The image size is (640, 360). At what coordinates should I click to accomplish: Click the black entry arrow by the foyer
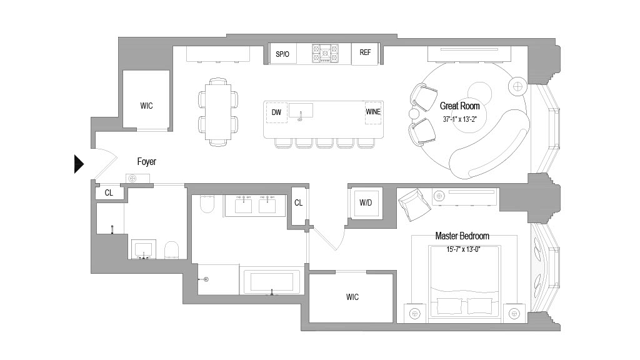pos(79,164)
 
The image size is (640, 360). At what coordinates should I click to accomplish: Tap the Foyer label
pos(146,162)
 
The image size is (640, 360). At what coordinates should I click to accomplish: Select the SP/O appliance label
pos(282,54)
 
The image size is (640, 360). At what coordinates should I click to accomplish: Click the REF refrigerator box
pos(365,54)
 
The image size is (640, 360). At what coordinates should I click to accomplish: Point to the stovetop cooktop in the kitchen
pos(325,54)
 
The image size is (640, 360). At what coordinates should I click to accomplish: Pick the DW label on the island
pos(276,112)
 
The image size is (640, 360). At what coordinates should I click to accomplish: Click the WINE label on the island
pos(373,112)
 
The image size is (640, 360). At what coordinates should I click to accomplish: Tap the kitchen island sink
pos(301,111)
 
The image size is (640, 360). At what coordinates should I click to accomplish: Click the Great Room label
pos(459,106)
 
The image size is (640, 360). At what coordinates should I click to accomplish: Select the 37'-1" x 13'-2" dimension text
pos(459,119)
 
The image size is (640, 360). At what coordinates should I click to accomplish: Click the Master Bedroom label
pos(462,236)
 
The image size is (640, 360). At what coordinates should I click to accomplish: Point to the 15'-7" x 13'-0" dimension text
pos(463,249)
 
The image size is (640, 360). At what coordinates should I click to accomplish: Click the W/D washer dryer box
pos(366,203)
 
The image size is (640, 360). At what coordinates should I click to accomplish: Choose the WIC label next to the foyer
pos(146,106)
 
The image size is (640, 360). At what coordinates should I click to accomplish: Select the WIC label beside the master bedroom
pos(352,297)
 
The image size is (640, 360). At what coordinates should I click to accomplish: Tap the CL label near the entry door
pos(109,192)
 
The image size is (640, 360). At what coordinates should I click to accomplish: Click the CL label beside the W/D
pos(298,203)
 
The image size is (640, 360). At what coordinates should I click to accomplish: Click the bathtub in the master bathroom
pos(272,282)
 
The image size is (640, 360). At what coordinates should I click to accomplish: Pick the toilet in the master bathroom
pos(207,204)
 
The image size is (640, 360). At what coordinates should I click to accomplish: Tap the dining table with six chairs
pos(218,111)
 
